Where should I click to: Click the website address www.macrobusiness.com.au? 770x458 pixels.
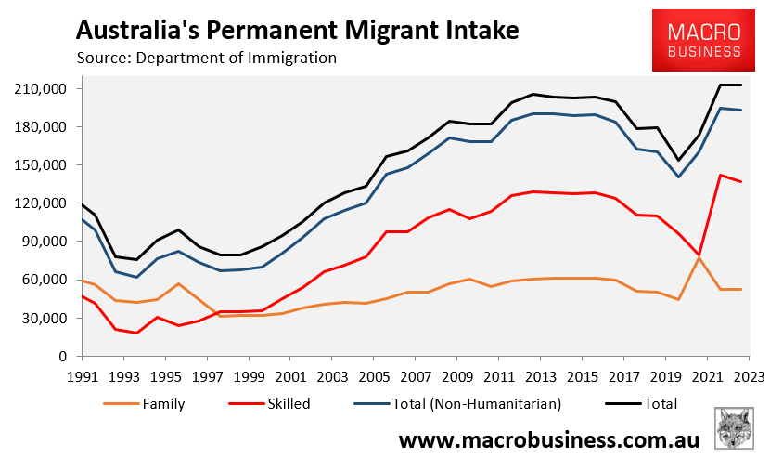(x=547, y=438)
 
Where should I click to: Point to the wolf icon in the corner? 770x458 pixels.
(x=737, y=428)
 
